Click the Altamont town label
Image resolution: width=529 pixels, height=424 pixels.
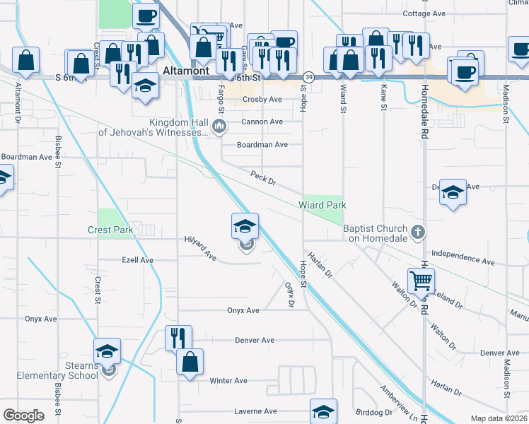[186, 71]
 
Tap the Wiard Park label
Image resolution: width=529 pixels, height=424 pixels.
[322, 205]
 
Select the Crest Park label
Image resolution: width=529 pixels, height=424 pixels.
[110, 230]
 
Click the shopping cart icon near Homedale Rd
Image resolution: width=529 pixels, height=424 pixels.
[421, 281]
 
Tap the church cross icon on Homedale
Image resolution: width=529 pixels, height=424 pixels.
[418, 232]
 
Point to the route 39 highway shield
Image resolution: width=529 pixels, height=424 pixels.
[308, 76]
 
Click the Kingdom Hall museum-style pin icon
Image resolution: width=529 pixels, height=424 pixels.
[219, 127]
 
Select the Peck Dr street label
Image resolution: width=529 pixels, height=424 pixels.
[262, 177]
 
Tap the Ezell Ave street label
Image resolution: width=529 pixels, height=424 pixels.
[137, 260]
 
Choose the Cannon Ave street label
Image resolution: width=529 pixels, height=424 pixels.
[262, 122]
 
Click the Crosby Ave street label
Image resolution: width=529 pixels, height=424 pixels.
[262, 100]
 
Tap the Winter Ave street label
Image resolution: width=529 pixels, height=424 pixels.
[228, 381]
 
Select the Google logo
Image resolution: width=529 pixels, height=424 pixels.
[23, 416]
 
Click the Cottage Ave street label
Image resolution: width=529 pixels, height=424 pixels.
[424, 13]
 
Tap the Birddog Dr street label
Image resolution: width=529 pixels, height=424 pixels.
[374, 412]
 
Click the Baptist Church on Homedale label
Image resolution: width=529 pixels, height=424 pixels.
[376, 233]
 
